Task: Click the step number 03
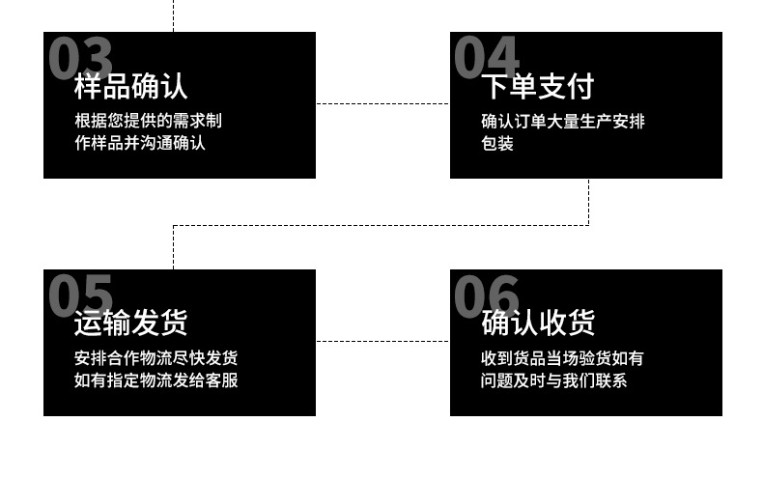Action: [x=80, y=57]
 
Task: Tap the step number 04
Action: [x=487, y=57]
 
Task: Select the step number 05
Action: [x=80, y=295]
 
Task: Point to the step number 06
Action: [x=487, y=295]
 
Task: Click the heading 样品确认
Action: [x=131, y=86]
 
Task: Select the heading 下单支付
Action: [x=538, y=86]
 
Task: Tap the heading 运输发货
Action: [x=131, y=323]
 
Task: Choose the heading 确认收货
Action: [x=538, y=323]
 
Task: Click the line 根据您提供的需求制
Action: [x=149, y=121]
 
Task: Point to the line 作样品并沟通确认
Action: [x=140, y=143]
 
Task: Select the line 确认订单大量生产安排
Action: [x=563, y=121]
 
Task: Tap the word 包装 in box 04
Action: [x=497, y=143]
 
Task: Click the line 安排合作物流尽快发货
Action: [x=156, y=358]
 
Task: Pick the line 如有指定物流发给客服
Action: [x=156, y=380]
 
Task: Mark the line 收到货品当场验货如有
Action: [x=563, y=358]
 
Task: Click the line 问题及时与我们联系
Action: [x=554, y=380]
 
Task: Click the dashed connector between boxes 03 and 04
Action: [x=382, y=103]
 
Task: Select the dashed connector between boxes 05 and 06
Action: [x=382, y=341]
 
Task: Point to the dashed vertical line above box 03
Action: [x=174, y=15]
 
